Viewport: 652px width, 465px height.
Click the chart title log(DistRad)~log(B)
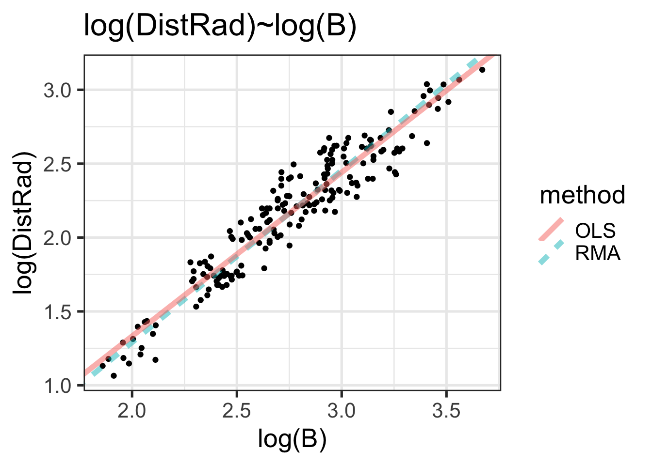220,26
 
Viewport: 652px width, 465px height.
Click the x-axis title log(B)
292,439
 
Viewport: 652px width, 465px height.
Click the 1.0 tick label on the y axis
57,386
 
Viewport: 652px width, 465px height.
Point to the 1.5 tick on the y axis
57,311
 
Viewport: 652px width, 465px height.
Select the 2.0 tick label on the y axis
57,238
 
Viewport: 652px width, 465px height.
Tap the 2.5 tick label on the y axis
57,164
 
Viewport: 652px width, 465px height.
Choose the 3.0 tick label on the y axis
57,90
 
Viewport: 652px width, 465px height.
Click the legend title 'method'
582,195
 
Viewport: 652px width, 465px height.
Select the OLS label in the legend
595,231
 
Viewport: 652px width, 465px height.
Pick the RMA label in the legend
598,253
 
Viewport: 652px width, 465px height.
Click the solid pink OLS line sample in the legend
551,230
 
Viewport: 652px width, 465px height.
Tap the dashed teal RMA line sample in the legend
551,252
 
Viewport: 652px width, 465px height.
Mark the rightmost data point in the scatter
482,70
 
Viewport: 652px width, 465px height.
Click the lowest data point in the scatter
114,375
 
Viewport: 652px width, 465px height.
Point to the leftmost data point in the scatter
102,366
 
